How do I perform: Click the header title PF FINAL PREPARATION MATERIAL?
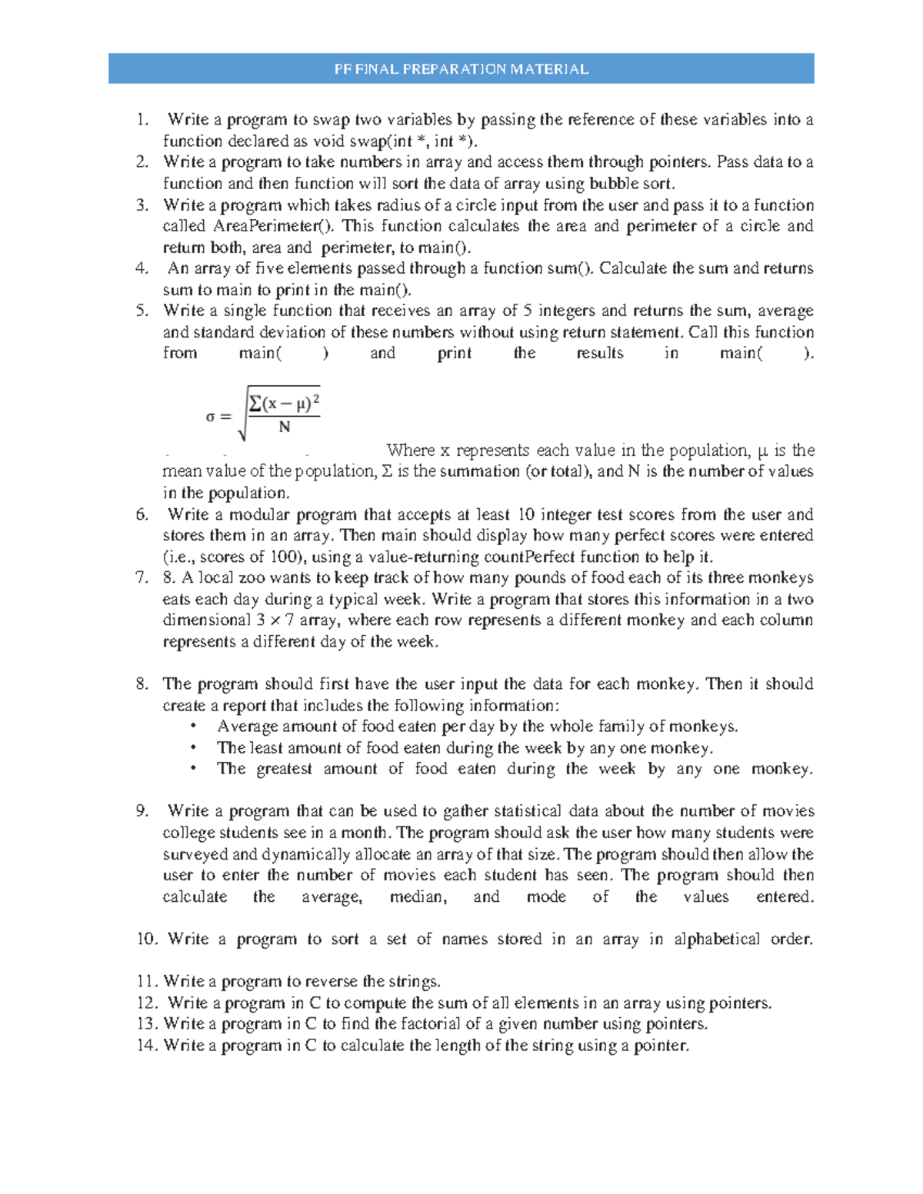click(461, 69)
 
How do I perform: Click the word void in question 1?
click(345, 141)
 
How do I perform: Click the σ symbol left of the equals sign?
click(210, 417)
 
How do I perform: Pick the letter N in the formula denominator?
click(285, 427)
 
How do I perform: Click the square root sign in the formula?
click(243, 415)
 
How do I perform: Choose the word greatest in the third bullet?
click(285, 770)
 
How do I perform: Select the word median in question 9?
click(417, 897)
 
